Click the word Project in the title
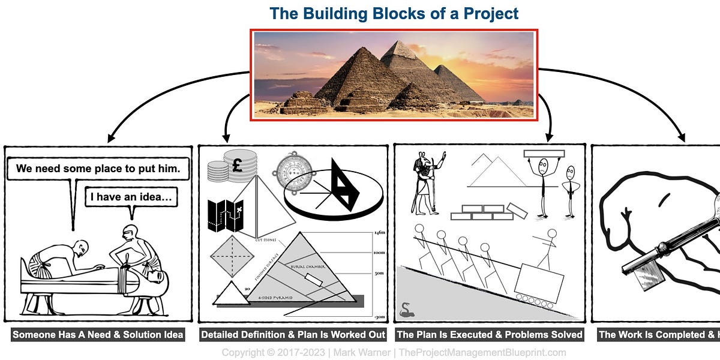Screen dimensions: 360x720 488,13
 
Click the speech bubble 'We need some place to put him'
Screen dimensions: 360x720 98,169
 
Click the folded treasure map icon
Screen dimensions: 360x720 224,217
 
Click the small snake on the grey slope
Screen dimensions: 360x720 406,309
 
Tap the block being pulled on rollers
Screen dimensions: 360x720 539,280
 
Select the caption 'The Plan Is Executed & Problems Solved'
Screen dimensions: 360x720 490,334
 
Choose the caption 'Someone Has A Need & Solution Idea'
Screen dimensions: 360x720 98,334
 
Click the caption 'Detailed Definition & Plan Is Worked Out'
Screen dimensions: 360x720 293,334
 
